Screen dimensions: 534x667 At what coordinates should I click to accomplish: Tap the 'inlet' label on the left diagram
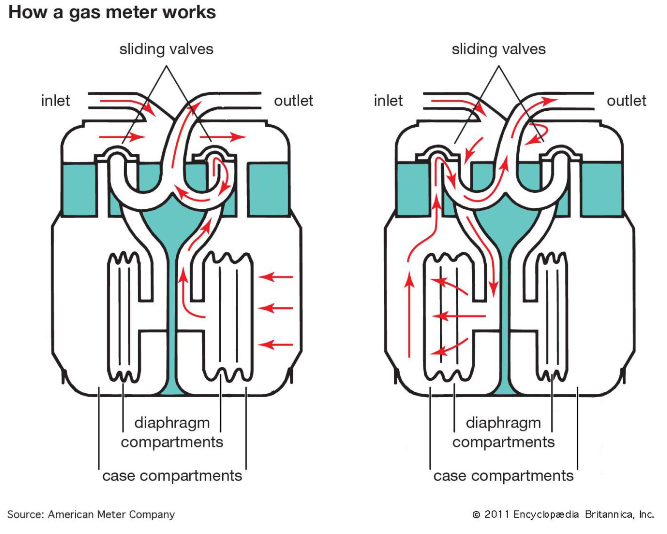[56, 101]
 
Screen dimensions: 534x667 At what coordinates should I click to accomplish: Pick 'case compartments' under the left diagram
[172, 476]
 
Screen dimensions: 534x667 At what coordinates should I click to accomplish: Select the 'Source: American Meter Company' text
[91, 514]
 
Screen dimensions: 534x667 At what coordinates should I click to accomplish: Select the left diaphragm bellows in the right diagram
[449, 317]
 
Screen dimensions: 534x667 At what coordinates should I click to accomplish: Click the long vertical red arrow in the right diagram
[409, 315]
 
